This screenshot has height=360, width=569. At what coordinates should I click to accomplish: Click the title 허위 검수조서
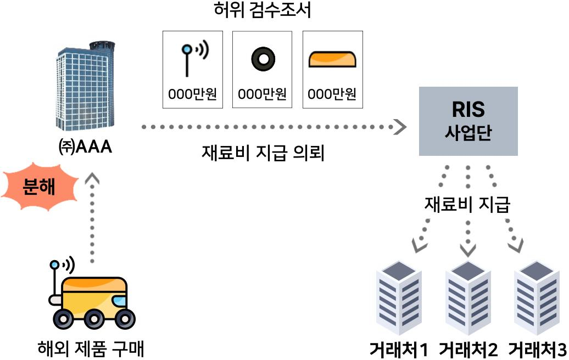[263, 10]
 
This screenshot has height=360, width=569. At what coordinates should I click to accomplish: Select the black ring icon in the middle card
[262, 59]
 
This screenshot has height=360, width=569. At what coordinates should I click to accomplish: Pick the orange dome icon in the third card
[332, 59]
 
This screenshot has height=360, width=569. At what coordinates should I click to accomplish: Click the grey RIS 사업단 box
[468, 121]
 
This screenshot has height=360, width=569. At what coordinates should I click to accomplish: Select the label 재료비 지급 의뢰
[263, 153]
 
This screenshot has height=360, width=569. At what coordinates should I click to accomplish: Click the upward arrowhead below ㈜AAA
[93, 179]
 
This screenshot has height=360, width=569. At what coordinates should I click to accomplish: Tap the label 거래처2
[468, 350]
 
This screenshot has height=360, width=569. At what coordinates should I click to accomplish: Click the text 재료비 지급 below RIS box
[467, 205]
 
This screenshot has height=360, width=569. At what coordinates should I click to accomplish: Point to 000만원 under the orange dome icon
[332, 94]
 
